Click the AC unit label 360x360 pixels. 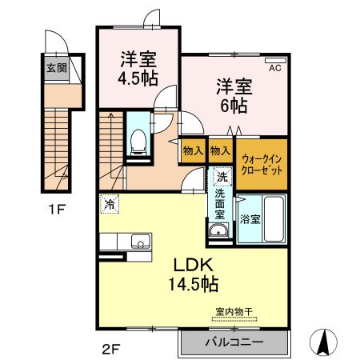click(x=274, y=69)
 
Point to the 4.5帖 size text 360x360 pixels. click(x=138, y=78)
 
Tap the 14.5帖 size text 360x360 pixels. click(x=191, y=283)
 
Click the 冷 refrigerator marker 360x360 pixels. click(x=110, y=204)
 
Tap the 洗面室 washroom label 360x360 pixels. click(x=220, y=205)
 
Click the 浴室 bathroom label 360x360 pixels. click(x=250, y=218)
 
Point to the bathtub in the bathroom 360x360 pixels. click(x=273, y=218)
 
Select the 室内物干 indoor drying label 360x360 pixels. click(x=233, y=313)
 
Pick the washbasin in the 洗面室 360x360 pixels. click(x=219, y=232)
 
